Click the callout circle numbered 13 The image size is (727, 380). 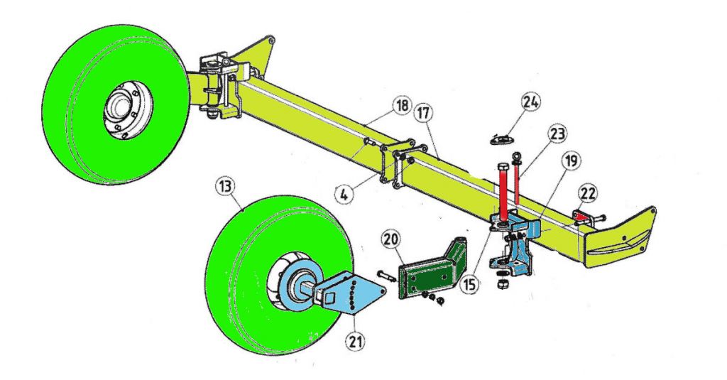click(x=225, y=188)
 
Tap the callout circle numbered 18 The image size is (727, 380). click(x=402, y=106)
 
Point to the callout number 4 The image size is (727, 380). click(x=344, y=193)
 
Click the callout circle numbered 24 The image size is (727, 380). click(x=531, y=102)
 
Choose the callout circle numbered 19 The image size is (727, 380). click(x=571, y=161)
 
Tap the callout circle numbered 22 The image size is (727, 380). click(x=587, y=195)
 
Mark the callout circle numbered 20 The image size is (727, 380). click(x=390, y=240)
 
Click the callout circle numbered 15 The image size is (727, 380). click(x=469, y=284)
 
